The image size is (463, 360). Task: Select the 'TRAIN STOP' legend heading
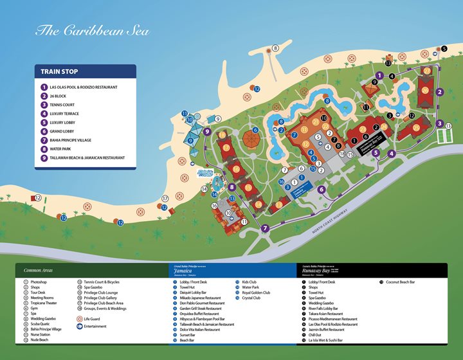click(60, 72)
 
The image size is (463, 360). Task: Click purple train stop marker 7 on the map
click(266, 228)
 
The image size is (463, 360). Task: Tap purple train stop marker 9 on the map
click(207, 131)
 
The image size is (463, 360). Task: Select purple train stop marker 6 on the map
click(322, 189)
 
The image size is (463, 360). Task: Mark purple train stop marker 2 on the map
click(440, 92)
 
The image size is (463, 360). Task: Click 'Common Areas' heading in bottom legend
click(37, 271)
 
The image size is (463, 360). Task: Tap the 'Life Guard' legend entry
click(92, 318)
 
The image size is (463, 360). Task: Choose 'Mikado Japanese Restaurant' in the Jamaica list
click(201, 298)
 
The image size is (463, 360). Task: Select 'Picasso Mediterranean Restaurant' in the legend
click(333, 319)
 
